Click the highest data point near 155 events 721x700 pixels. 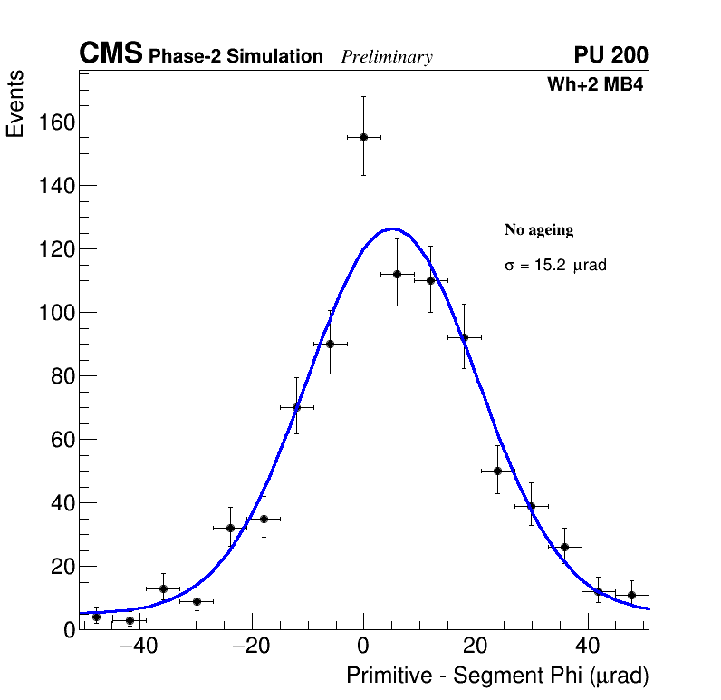click(363, 137)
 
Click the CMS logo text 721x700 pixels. click(111, 54)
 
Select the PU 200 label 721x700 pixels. click(610, 54)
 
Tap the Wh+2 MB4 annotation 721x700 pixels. click(594, 85)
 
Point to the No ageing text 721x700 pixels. click(539, 230)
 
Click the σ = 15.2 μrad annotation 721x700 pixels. click(555, 266)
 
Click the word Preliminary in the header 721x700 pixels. click(387, 57)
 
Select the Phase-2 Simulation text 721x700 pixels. click(236, 57)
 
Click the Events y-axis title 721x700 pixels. click(15, 104)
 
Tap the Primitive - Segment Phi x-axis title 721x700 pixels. click(497, 676)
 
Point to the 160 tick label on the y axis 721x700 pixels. click(56, 122)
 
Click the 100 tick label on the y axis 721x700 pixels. click(56, 313)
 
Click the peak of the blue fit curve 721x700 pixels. click(391, 228)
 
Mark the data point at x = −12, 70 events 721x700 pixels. click(296, 407)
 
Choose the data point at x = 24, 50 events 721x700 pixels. click(497, 471)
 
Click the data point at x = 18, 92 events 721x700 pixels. click(464, 337)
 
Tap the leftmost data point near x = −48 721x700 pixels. click(96, 617)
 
